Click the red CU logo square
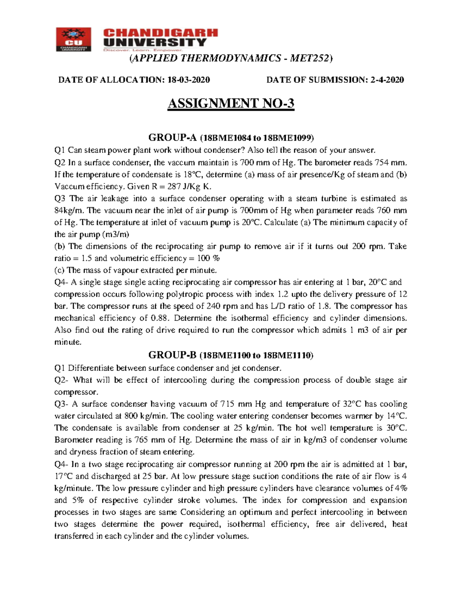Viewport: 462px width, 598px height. (73, 39)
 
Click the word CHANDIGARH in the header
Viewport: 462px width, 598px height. (161, 33)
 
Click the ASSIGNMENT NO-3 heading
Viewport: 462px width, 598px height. (231, 103)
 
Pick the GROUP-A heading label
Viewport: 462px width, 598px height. (172, 137)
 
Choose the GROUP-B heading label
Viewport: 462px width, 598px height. (172, 355)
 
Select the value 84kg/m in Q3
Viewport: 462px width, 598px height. (68, 210)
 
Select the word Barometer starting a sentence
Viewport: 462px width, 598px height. (73, 440)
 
